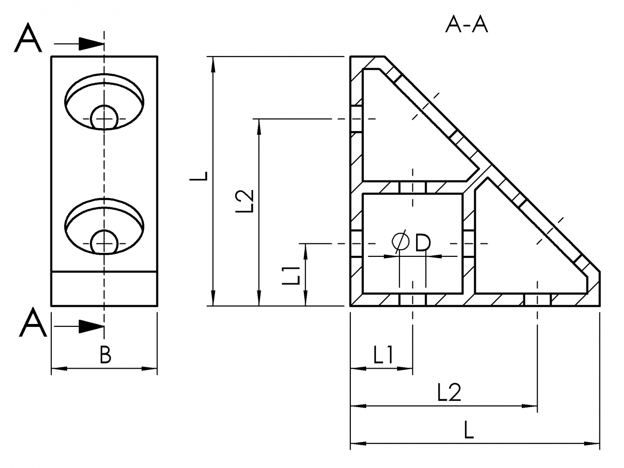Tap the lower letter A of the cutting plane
point(33,323)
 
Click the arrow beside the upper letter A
point(90,44)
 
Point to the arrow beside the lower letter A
point(90,326)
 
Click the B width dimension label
point(105,356)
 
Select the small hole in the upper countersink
point(104,117)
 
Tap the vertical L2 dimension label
point(245,200)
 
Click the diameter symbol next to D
point(400,242)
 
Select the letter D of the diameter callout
point(422,243)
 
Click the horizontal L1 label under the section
point(384,356)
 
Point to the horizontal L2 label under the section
point(449,393)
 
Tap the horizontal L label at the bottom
point(469,430)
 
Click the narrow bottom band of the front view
point(104,288)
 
